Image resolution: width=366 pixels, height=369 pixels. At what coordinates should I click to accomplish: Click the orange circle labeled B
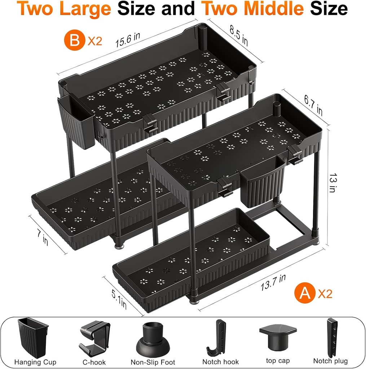tap(74, 40)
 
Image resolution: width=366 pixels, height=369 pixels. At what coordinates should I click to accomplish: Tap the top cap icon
tap(277, 337)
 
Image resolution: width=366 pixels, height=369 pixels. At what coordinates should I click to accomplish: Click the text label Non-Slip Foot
tap(153, 362)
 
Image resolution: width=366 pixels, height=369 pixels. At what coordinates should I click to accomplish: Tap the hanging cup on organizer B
tap(76, 122)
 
